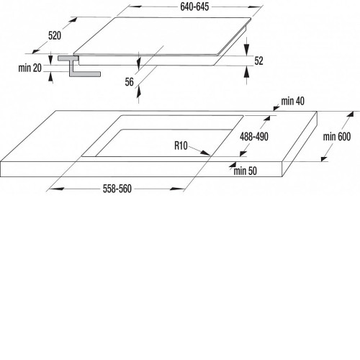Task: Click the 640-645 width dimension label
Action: (194, 7)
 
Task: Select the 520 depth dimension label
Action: (55, 36)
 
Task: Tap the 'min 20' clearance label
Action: (30, 68)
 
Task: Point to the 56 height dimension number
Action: (129, 82)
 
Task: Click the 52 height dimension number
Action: (258, 61)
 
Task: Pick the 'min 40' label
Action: (293, 102)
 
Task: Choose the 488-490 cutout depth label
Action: (254, 137)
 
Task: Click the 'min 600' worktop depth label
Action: (337, 137)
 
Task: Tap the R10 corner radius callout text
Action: (181, 145)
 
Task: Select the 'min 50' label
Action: (246, 171)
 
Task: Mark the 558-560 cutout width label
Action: (117, 189)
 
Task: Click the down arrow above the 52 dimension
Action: (246, 49)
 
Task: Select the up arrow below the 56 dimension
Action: (138, 92)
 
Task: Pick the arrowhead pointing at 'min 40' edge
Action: (276, 108)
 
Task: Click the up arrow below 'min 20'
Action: (50, 77)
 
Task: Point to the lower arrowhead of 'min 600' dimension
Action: (324, 158)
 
